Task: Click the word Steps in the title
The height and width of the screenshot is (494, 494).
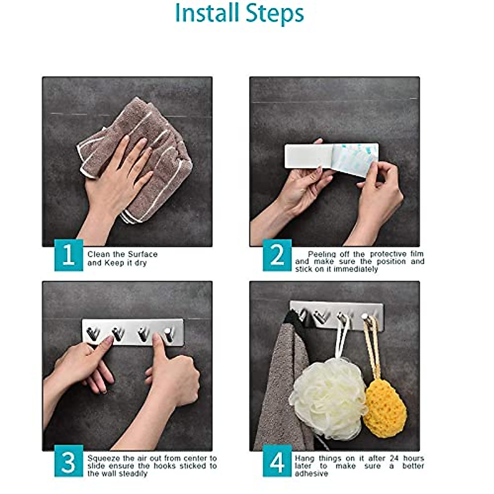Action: [x=275, y=14]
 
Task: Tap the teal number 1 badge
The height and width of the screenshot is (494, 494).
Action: [x=69, y=255]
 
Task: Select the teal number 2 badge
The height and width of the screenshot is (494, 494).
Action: [x=277, y=255]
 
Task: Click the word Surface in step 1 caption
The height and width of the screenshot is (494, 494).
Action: [x=142, y=254]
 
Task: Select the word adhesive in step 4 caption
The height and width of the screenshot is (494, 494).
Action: [x=312, y=473]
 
